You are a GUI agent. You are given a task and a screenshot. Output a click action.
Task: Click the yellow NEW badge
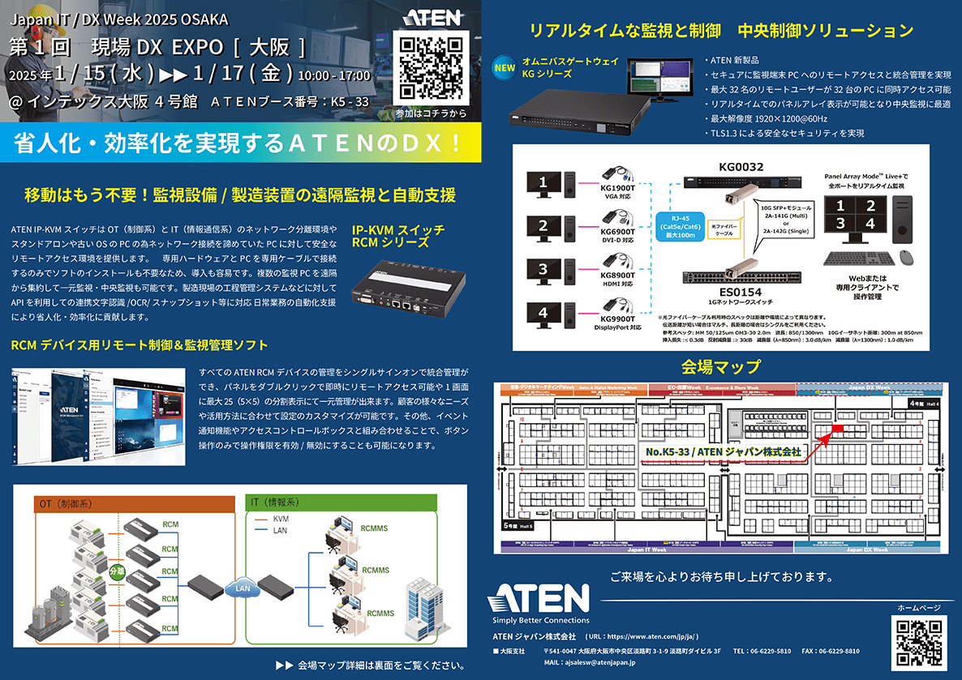[x=505, y=68]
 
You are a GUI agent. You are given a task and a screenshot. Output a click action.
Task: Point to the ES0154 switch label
[x=741, y=293]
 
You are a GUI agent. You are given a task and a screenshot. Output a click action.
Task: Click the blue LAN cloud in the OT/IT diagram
[x=242, y=588]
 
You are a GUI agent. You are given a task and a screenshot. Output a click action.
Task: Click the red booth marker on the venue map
[x=837, y=427]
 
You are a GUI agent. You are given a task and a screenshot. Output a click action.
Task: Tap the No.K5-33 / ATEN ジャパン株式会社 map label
[x=723, y=451]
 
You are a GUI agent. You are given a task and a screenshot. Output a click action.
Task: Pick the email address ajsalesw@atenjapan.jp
[x=601, y=662]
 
